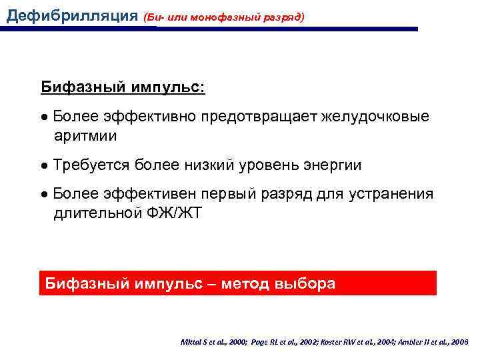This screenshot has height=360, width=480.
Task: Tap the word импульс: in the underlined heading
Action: (171, 87)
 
